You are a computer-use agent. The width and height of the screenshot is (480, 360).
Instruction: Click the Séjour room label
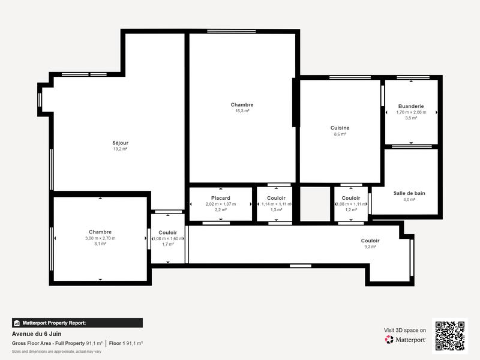coord(121,143)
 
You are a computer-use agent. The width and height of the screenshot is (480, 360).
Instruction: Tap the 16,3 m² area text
coord(242,111)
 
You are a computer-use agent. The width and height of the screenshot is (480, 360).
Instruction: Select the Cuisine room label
coord(340,128)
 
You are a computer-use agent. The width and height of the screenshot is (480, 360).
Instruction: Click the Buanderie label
coord(411,106)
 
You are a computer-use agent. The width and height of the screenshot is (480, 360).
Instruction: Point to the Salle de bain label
coord(409,193)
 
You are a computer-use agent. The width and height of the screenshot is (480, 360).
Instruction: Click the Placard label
coord(220,198)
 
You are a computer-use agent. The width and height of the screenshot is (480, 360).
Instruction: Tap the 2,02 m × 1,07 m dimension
coord(220,204)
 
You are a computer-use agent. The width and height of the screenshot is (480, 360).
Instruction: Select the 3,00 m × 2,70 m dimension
coord(100,238)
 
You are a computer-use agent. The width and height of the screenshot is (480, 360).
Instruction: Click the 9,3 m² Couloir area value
coord(370,247)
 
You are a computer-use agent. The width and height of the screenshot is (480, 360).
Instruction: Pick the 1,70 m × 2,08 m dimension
coord(411,112)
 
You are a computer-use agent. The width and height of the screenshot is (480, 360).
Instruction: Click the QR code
coord(450,335)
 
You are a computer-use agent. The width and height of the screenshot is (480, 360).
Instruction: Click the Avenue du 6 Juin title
coord(37,334)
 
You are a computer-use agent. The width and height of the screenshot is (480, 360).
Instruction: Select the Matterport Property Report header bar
coord(77,323)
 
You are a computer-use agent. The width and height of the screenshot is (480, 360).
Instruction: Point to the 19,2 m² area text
coord(121,149)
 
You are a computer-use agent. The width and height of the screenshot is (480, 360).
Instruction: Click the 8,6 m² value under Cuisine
coord(340,134)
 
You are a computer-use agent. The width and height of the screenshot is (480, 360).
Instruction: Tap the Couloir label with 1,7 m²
coord(168,232)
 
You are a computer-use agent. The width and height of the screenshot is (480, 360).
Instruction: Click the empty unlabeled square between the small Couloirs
coord(315,204)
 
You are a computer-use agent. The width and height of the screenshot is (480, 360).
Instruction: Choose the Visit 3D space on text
coord(405,330)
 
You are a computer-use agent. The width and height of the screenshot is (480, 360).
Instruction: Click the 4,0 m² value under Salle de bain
coord(409,200)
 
